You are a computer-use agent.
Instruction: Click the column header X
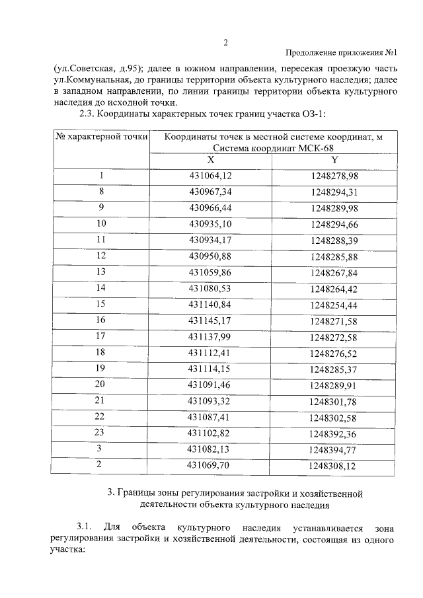(x=210, y=160)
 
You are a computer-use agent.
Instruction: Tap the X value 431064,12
(x=210, y=176)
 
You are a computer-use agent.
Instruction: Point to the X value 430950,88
(x=210, y=255)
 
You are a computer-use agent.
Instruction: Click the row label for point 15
(x=101, y=304)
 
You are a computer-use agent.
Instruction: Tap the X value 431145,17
(x=210, y=320)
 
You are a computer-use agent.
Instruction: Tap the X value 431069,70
(x=210, y=465)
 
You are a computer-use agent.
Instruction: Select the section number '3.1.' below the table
(x=83, y=527)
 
